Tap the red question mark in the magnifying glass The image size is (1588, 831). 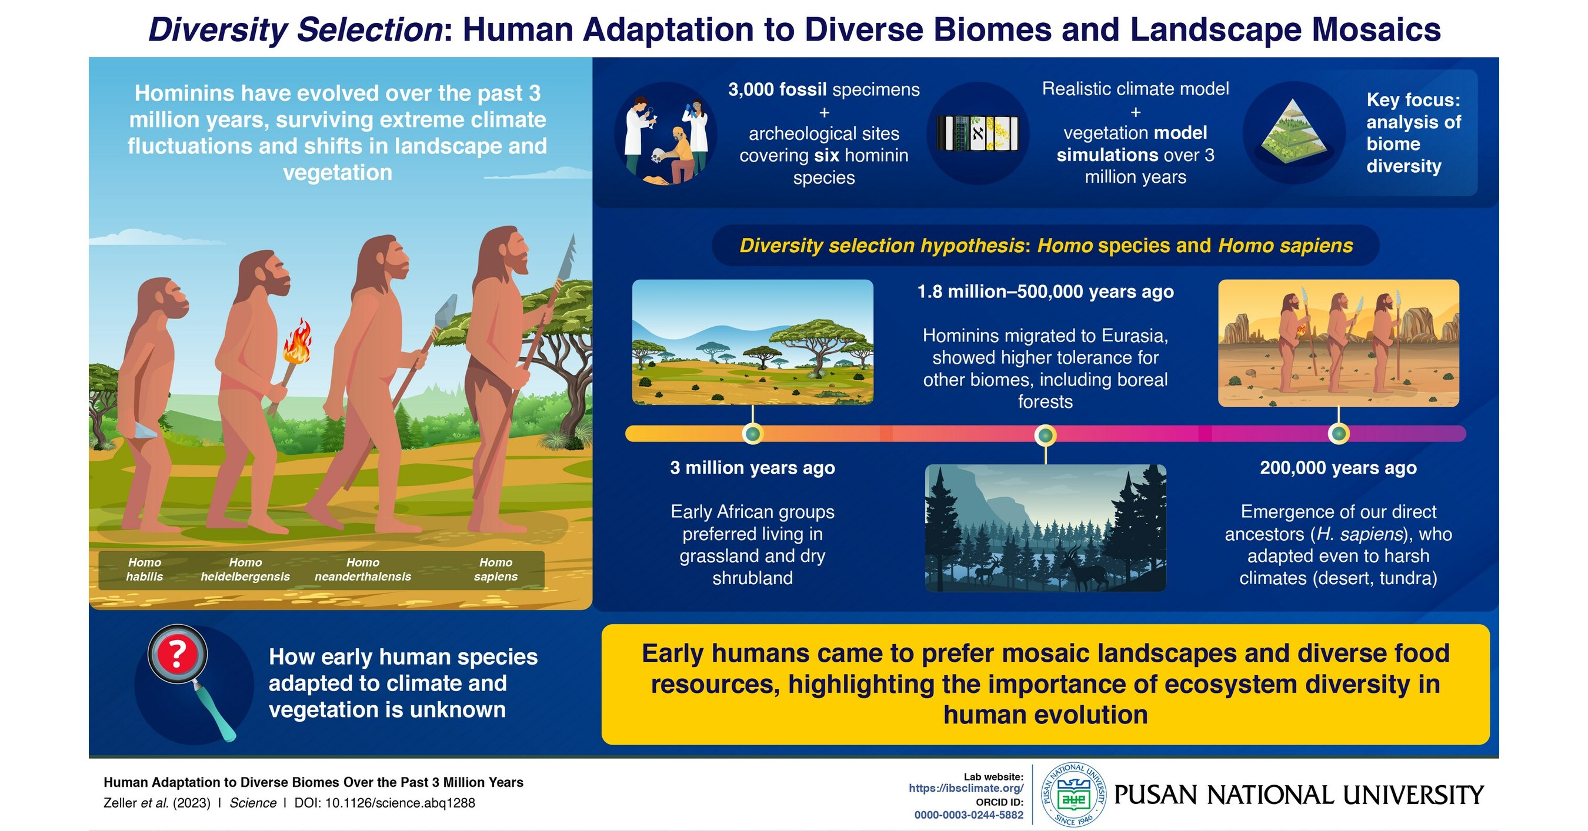178,654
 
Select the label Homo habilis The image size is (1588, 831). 144,569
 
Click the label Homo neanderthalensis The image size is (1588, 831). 362,569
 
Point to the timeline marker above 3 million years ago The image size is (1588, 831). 753,434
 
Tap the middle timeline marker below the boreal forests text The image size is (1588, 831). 1045,435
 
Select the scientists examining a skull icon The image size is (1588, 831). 665,135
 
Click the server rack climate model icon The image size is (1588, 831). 978,133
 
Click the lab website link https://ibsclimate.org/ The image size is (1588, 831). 965,789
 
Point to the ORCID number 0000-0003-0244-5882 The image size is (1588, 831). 969,815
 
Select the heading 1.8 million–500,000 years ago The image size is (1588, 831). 1045,291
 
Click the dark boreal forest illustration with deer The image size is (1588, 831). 1045,528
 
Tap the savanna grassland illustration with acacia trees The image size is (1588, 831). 753,343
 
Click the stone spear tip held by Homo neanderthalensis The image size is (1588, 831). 446,310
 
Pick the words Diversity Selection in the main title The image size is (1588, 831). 295,29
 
